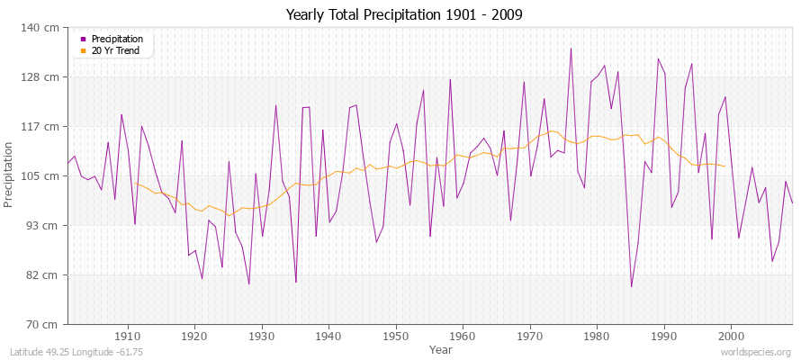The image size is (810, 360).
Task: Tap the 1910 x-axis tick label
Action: (128, 336)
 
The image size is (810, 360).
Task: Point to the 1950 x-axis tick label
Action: (395, 336)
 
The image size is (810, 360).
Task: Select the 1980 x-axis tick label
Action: (596, 336)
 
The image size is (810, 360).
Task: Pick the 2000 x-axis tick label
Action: (730, 336)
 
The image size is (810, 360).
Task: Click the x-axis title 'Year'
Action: (441, 348)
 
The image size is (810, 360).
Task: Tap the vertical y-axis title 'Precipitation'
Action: (10, 175)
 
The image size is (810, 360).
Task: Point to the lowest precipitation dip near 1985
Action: (631, 286)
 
